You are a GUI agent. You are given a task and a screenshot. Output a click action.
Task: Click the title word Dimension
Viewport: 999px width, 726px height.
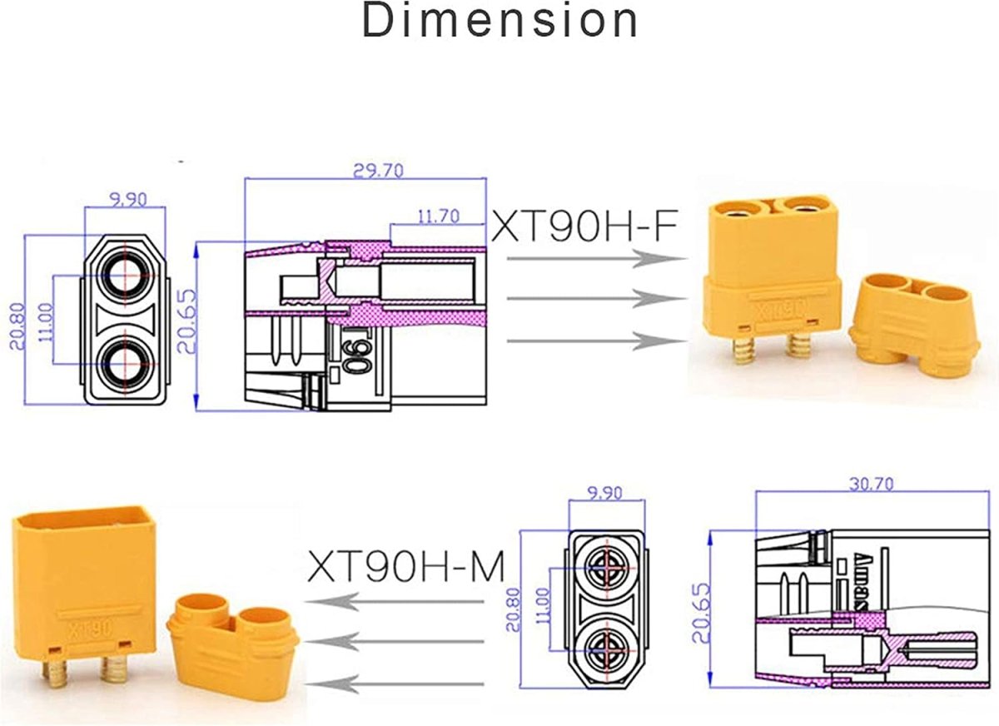(x=500, y=21)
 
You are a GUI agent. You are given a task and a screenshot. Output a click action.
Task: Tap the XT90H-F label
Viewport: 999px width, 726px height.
(x=584, y=226)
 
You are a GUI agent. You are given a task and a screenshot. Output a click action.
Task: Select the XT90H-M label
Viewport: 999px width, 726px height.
(x=406, y=566)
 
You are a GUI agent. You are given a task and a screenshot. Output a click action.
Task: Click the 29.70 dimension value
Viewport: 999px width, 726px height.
(x=378, y=171)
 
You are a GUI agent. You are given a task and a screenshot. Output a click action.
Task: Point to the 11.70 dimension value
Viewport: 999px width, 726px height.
(x=439, y=216)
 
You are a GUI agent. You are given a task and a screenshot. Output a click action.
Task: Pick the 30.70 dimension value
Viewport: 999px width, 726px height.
(x=871, y=484)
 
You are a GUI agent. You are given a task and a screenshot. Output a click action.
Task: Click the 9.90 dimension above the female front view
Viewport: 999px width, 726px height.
(x=128, y=200)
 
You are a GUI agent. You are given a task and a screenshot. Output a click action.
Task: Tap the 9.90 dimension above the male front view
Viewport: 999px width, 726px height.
(x=604, y=493)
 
